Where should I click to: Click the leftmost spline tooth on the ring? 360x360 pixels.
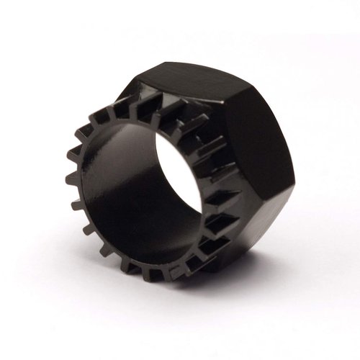pyautogui.click(x=71, y=176)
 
